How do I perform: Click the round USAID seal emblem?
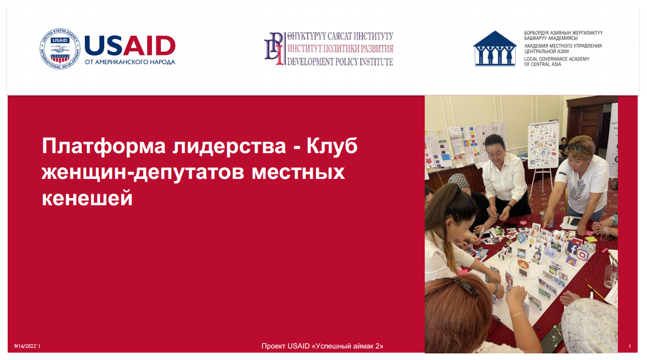pyautogui.click(x=60, y=49)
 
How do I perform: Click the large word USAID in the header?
pyautogui.click(x=130, y=46)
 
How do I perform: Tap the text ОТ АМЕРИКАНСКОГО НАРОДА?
pyautogui.click(x=130, y=62)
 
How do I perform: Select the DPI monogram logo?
pyautogui.click(x=274, y=49)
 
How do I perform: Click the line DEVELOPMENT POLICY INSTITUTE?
pyautogui.click(x=340, y=62)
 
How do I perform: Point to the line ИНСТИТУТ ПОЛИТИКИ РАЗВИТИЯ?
pyautogui.click(x=340, y=49)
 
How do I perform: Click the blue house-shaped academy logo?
pyautogui.click(x=495, y=48)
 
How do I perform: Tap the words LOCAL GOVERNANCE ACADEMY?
pyautogui.click(x=556, y=59)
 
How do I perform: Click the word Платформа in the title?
pyautogui.click(x=104, y=146)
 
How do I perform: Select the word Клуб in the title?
pyautogui.click(x=332, y=146)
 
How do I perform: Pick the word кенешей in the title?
pyautogui.click(x=87, y=198)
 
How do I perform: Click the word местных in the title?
pyautogui.click(x=298, y=172)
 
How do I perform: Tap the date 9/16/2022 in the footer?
pyautogui.click(x=26, y=346)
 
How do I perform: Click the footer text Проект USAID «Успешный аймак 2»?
pyautogui.click(x=322, y=346)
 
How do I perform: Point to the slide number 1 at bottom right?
pyautogui.click(x=629, y=346)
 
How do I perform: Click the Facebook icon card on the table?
pyautogui.click(x=572, y=249)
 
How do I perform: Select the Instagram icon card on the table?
pyautogui.click(x=583, y=255)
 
